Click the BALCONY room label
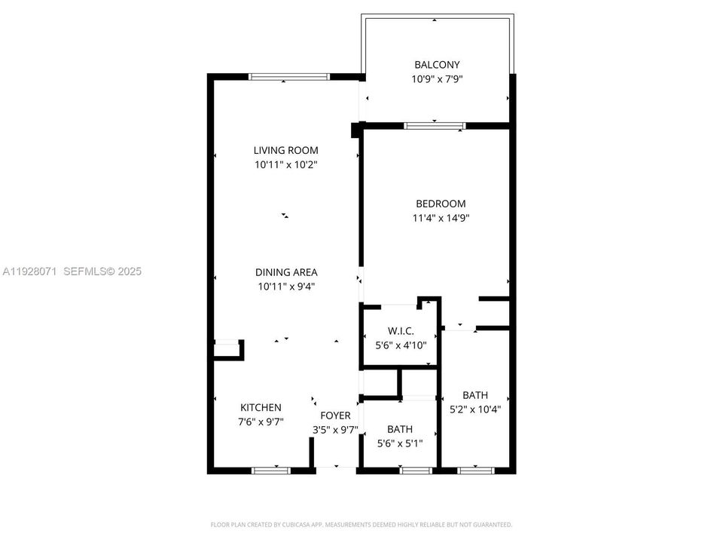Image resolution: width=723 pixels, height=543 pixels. [x=436, y=65]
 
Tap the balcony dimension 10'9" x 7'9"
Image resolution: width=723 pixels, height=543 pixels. [x=436, y=79]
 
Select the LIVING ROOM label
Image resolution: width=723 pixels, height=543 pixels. [x=285, y=150]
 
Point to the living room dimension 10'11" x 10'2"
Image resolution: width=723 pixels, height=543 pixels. [x=285, y=164]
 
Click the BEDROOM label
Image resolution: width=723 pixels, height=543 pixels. [x=441, y=204]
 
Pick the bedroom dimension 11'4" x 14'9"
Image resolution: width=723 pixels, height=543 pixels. [x=441, y=218]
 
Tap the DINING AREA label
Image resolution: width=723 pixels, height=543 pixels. [x=285, y=272]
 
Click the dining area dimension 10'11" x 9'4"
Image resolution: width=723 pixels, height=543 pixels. [x=285, y=287]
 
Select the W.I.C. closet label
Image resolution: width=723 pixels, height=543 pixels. [x=401, y=331]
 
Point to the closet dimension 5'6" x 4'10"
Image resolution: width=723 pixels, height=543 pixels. [x=401, y=345]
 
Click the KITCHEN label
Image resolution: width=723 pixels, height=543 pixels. [x=261, y=407]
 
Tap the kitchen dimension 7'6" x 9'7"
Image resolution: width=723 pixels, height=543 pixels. [x=261, y=422]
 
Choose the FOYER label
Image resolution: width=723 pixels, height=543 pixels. [x=335, y=416]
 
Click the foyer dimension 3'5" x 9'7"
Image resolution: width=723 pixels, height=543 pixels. [x=335, y=430]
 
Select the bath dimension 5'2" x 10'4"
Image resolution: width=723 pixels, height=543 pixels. [x=475, y=410]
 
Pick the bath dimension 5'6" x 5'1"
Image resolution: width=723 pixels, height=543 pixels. [x=400, y=443]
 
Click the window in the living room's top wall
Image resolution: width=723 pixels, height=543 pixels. [x=289, y=76]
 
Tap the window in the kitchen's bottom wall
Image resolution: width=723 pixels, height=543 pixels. [x=271, y=471]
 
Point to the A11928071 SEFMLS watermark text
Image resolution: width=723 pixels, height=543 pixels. [x=72, y=271]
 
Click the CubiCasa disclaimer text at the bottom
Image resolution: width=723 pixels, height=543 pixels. [x=361, y=524]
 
